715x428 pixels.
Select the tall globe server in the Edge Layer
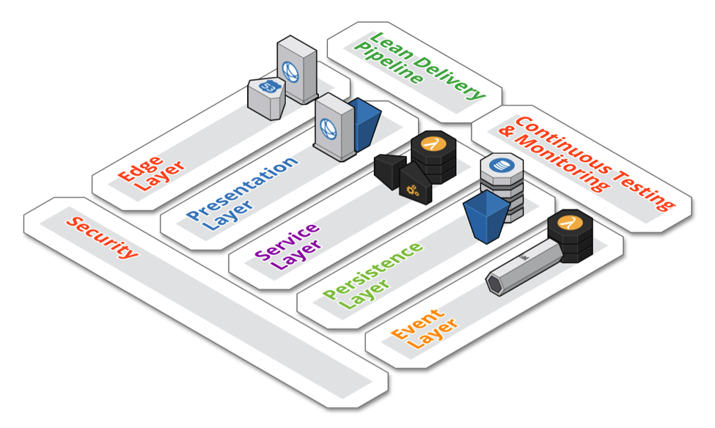[296, 70]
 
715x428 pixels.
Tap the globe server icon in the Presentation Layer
[333, 128]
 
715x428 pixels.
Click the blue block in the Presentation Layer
[365, 124]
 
